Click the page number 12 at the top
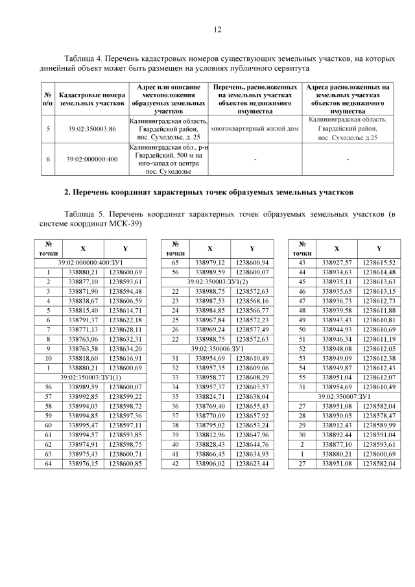(217, 29)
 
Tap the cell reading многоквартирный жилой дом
(255, 128)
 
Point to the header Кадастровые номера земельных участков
(91, 99)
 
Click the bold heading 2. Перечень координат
(207, 193)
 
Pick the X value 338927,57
(336, 262)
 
